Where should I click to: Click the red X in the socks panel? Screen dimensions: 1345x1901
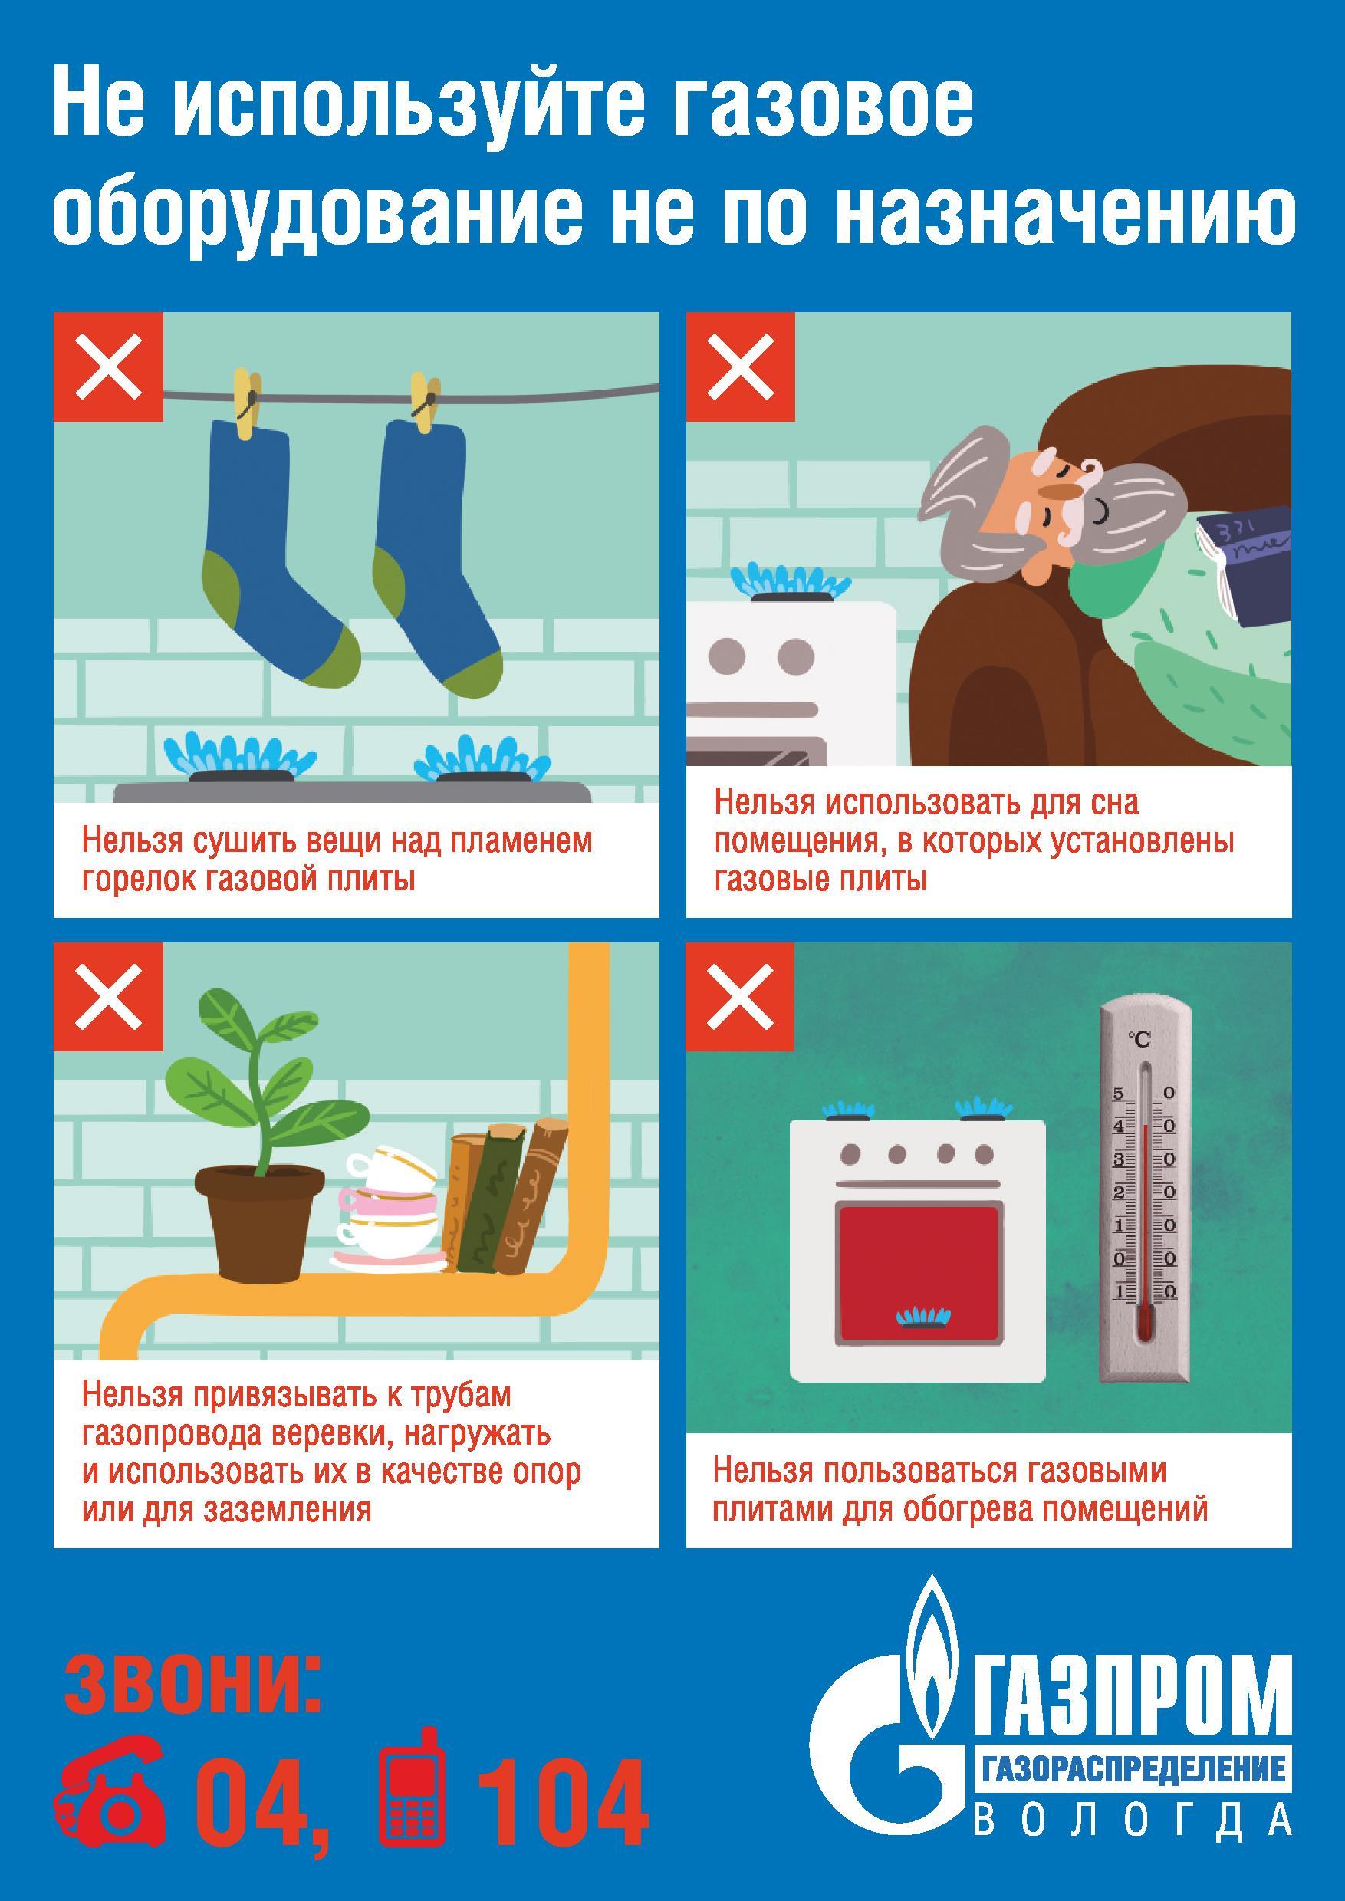point(108,367)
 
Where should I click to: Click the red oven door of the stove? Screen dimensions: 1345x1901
point(919,1271)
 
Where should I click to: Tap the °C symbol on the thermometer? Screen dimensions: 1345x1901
point(1140,1040)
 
